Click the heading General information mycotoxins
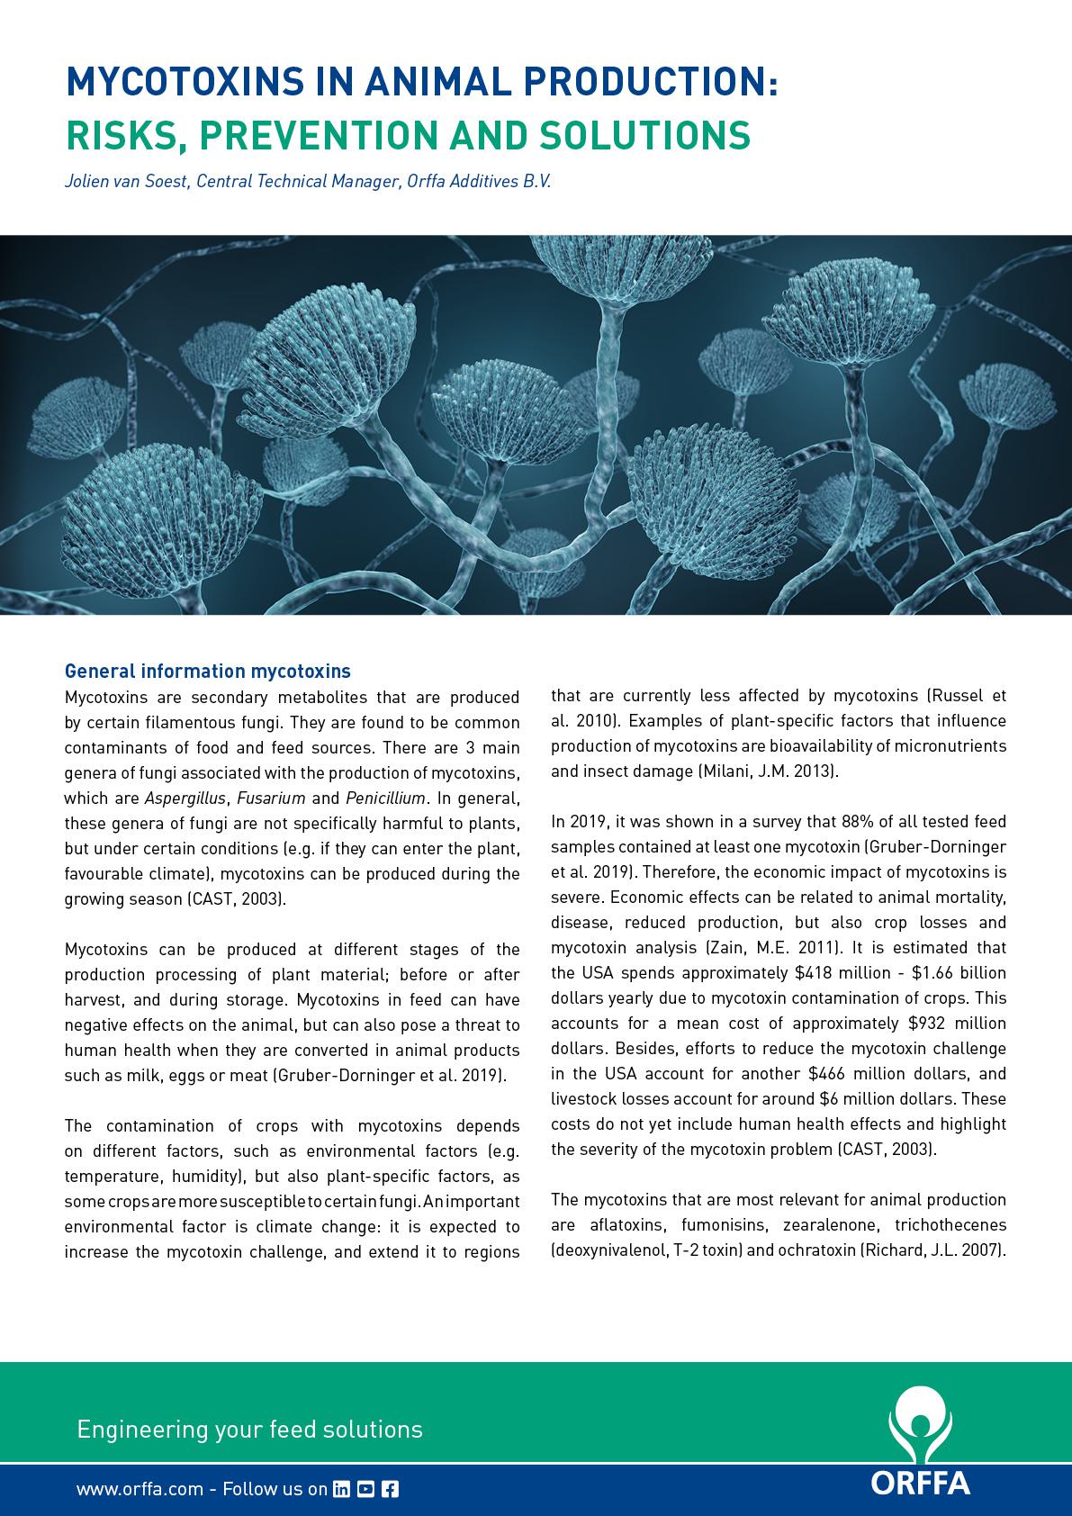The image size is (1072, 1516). [207, 671]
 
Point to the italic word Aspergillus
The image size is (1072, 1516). [187, 798]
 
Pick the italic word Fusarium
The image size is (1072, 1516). [271, 798]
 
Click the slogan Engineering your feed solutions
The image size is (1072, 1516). [249, 1429]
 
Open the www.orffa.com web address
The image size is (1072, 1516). [140, 1489]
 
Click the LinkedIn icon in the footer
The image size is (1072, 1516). [341, 1489]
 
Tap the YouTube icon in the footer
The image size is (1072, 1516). [365, 1489]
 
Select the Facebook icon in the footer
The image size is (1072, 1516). [390, 1489]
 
